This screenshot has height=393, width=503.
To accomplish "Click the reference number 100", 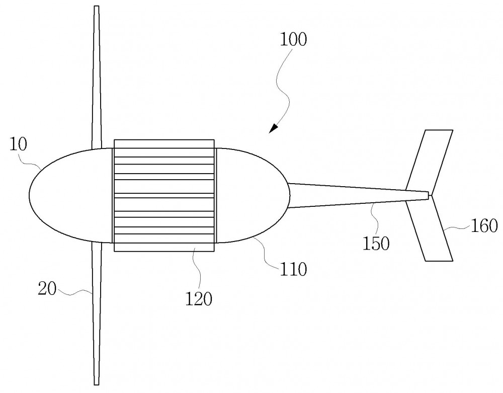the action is tap(293, 39).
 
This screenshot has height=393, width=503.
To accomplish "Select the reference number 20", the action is tap(47, 288).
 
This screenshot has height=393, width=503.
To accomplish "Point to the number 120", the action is tap(199, 299).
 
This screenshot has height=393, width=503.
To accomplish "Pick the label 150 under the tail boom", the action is tap(376, 243).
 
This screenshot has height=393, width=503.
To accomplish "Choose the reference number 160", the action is tap(484, 225).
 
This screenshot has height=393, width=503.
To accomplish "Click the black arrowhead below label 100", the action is tap(273, 128).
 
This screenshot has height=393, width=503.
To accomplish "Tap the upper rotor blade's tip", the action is tap(96, 7).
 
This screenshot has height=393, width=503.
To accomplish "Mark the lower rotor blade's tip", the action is tap(96, 384).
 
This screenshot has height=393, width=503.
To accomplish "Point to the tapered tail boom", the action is tap(358, 195).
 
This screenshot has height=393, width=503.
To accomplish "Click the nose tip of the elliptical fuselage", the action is tap(29, 195).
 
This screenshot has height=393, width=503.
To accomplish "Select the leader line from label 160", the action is tap(457, 228).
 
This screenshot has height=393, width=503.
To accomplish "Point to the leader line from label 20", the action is tap(75, 291).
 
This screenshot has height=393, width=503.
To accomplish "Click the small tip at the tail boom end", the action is tap(430, 195).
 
